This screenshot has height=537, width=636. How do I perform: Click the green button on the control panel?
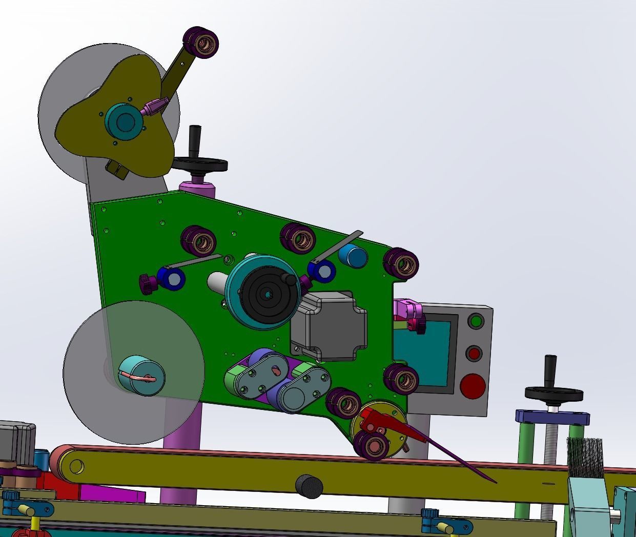476,322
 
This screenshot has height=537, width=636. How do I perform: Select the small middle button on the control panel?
474,353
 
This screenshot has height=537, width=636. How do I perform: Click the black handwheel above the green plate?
200,164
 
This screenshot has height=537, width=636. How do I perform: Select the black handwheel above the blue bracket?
553,394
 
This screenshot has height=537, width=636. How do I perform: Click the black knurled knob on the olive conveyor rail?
309,486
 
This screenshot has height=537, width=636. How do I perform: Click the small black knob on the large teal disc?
291,280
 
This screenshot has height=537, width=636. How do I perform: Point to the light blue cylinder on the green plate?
353,255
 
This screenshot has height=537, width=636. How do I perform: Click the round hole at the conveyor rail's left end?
76,467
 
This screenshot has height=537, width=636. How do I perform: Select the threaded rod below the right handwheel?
552,461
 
